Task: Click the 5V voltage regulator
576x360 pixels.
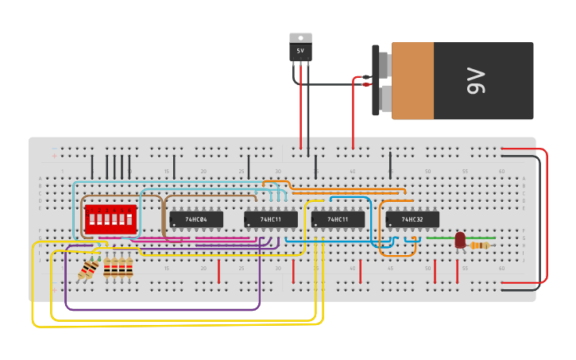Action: click(x=300, y=50)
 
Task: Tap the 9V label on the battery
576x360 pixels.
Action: click(x=476, y=80)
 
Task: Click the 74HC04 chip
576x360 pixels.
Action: click(x=196, y=219)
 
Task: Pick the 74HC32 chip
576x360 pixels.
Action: click(x=412, y=219)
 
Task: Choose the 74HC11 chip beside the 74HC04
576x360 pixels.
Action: click(x=271, y=219)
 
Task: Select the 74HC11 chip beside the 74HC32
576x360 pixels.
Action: click(x=338, y=219)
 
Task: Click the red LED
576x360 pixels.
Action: click(x=460, y=239)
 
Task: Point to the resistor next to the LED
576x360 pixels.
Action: click(x=479, y=246)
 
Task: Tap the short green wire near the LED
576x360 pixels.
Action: click(x=441, y=238)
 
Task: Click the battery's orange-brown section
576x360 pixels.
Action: click(x=413, y=80)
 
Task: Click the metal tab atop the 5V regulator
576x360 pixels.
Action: click(x=300, y=37)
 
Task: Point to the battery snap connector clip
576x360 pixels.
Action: click(x=376, y=80)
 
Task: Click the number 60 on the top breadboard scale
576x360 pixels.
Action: click(x=501, y=172)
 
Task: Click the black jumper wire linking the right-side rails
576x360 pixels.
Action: click(x=539, y=223)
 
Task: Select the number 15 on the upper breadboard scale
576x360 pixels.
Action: click(x=167, y=172)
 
